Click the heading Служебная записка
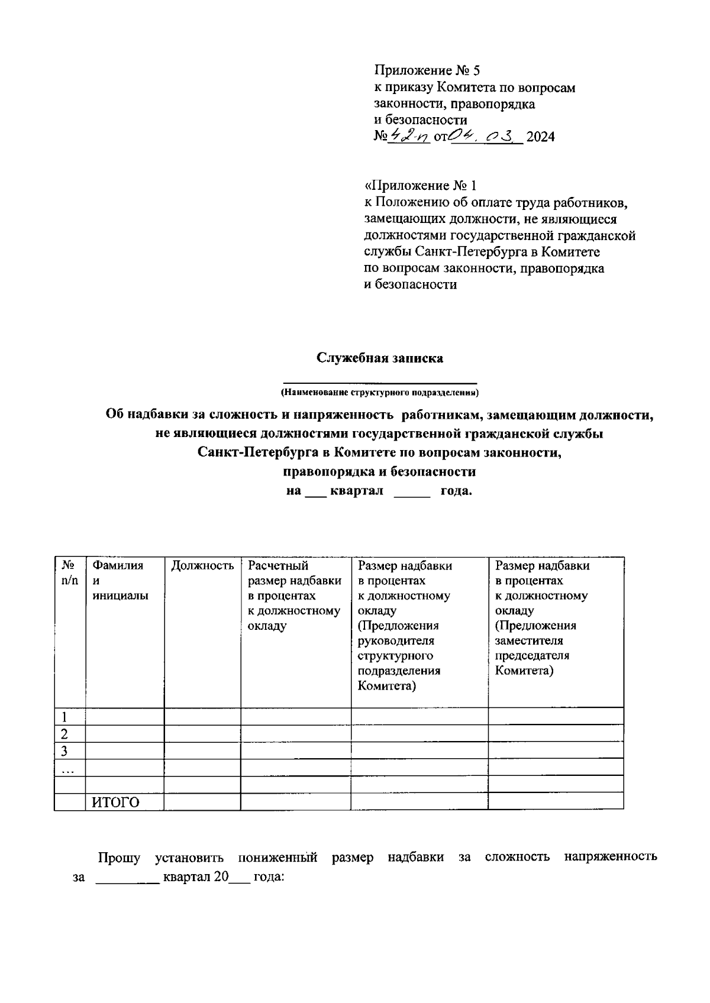379,358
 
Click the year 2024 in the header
541,137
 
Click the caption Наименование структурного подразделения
379,393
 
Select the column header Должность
202,566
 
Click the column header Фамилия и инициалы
118,581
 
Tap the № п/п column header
69,573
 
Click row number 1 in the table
64,717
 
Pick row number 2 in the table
64,734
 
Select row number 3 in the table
64,751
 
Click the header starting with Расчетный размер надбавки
295,596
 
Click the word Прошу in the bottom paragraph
119,858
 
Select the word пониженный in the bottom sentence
277,858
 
